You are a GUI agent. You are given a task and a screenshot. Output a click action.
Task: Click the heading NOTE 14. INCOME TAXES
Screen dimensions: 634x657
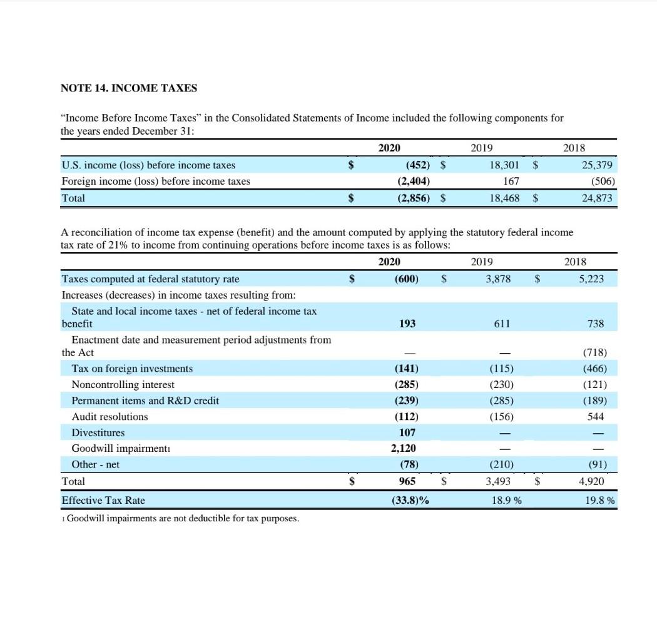click(x=128, y=88)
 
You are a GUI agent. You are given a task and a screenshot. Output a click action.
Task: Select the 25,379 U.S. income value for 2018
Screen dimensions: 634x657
click(x=598, y=165)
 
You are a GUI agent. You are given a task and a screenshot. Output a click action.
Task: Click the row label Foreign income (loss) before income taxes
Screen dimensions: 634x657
click(x=155, y=182)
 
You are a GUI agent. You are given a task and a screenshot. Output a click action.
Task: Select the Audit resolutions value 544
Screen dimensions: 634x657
click(x=596, y=416)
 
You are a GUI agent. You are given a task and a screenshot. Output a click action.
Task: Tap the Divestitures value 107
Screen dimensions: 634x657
click(x=408, y=432)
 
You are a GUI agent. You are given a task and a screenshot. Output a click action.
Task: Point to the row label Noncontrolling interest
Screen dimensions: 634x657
click(x=123, y=384)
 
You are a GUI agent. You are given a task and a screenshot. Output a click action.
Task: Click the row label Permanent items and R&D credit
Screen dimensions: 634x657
click(x=145, y=401)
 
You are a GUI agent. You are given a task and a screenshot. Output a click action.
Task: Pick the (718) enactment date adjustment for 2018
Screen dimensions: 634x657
click(x=594, y=352)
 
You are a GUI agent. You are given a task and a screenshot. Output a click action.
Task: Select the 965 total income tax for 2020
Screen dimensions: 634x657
click(x=408, y=482)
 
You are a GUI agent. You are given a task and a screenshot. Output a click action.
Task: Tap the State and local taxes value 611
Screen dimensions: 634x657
click(x=501, y=324)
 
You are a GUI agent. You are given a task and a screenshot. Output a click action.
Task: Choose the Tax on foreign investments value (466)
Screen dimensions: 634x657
click(x=594, y=369)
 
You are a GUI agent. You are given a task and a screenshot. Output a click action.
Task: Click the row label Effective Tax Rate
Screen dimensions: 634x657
click(x=103, y=500)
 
